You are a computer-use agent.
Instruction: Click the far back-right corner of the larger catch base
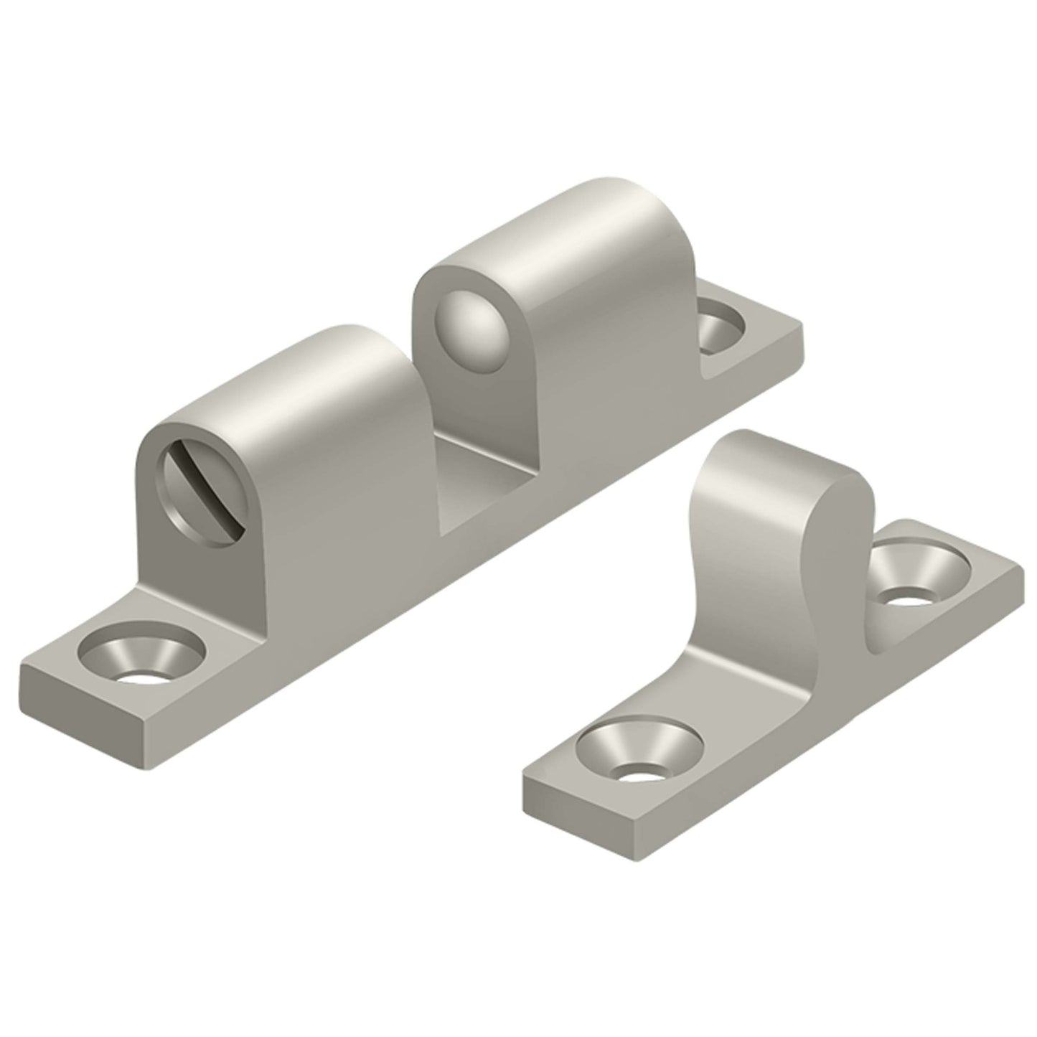click(802, 332)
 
